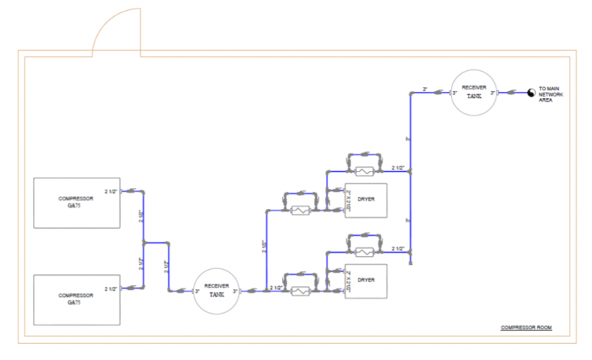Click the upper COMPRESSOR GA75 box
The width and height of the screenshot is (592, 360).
click(x=76, y=203)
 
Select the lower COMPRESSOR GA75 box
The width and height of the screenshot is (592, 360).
click(x=76, y=299)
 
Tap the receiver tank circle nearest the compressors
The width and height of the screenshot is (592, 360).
click(x=216, y=291)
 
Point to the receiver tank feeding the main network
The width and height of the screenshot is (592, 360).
click(x=474, y=93)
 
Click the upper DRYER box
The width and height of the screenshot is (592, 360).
click(x=365, y=200)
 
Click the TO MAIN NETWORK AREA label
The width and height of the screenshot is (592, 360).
click(x=552, y=94)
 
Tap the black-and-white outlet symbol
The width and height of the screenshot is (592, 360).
click(x=530, y=93)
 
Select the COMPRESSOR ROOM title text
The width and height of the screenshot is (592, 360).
click(x=526, y=328)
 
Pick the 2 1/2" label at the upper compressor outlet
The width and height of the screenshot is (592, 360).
click(x=110, y=190)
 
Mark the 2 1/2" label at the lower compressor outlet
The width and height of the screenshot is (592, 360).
click(x=110, y=289)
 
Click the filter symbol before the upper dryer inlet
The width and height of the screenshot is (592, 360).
click(x=300, y=209)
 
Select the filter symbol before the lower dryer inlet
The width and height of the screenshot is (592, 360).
click(x=300, y=291)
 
